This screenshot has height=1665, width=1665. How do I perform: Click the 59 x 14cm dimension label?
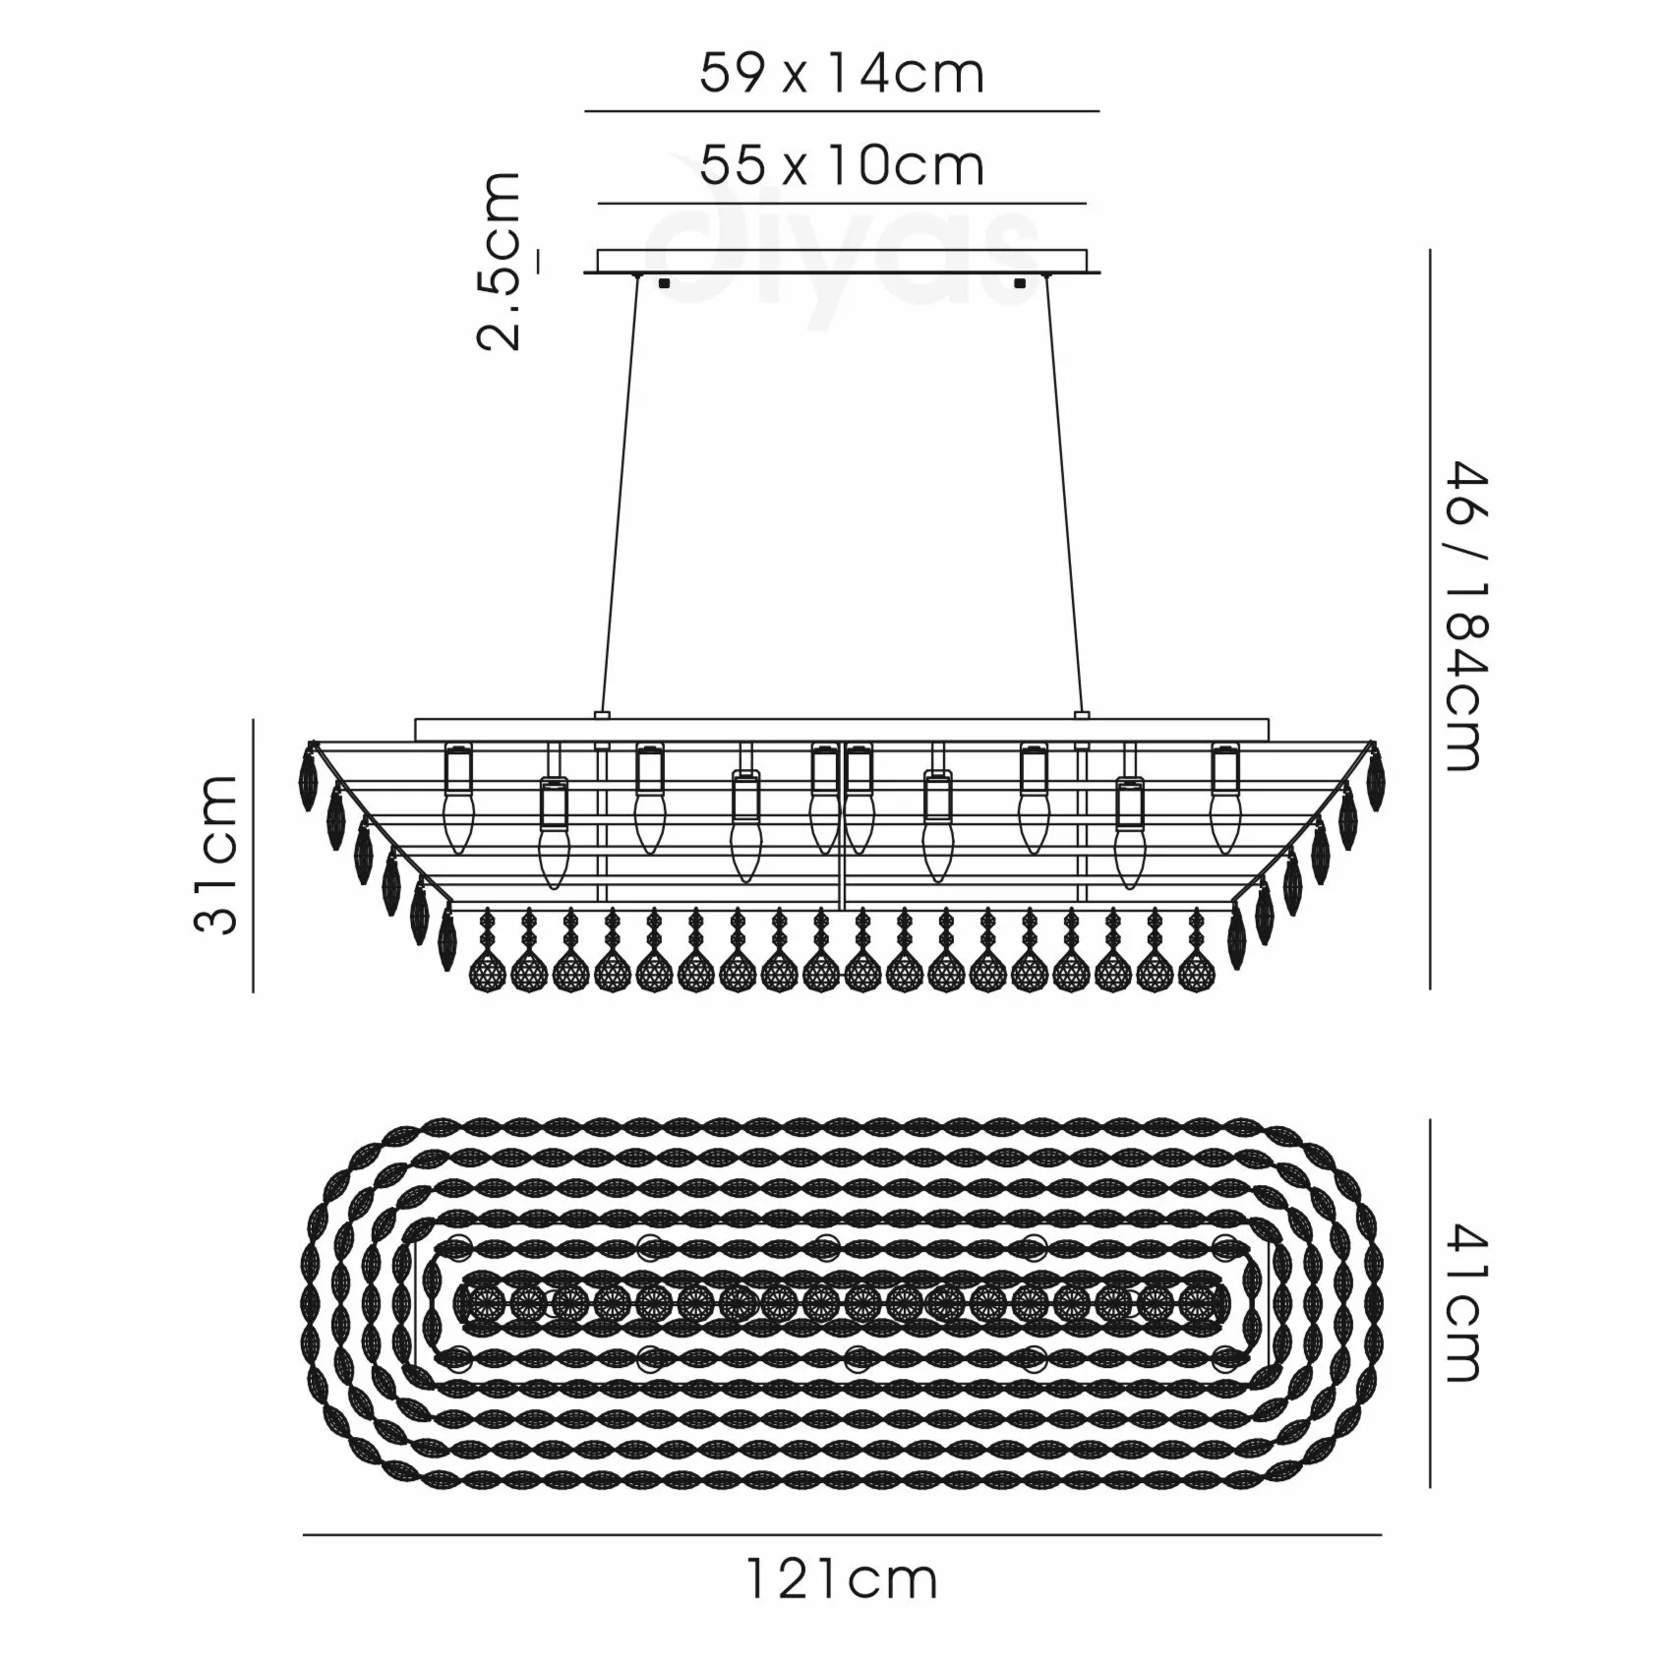[842, 73]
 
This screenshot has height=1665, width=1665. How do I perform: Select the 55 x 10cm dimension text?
[842, 165]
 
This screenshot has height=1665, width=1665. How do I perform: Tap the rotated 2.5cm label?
[498, 261]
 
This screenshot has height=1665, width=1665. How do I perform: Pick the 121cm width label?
[842, 1607]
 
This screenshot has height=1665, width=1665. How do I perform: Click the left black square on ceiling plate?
[663, 283]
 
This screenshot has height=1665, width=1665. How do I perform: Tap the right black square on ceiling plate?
[1019, 283]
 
